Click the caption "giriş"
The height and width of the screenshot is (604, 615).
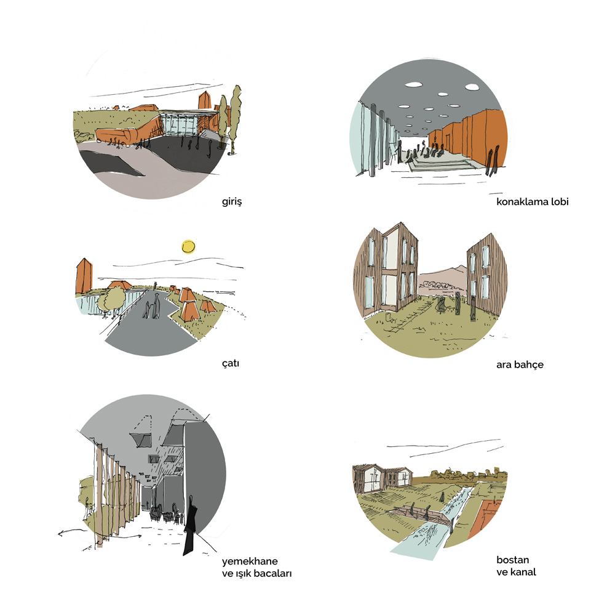coord(232,202)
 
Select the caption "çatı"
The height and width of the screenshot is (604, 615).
coord(231,363)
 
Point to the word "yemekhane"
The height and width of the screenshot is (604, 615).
coord(250,561)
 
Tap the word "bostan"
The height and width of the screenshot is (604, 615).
coord(513,560)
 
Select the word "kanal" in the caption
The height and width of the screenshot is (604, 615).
coord(523,572)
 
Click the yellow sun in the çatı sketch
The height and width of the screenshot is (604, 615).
coord(188,247)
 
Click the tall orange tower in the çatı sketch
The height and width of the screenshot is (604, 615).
coord(84,276)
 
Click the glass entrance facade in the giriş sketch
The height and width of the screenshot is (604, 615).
coord(181,124)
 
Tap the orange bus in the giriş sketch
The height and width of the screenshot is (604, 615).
coord(113,136)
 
